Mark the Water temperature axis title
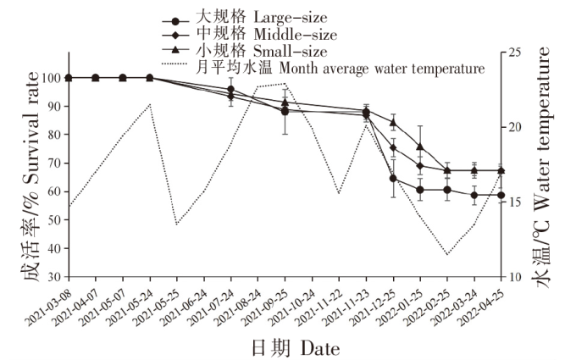542,178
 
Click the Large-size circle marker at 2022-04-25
501,195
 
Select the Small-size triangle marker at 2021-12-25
393,122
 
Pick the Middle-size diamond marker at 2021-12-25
393,147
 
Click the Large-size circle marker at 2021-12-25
393,178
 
